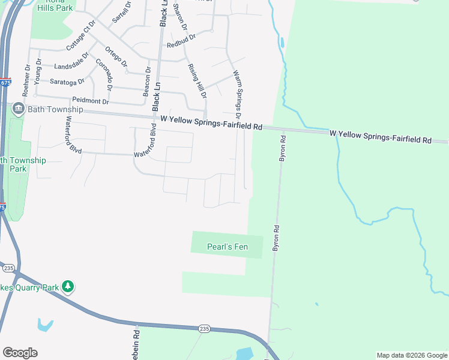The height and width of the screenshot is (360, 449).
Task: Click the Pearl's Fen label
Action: click(x=227, y=247)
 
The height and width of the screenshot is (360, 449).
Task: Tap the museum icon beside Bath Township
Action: click(x=18, y=109)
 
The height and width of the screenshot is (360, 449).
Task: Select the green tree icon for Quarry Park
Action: click(x=68, y=287)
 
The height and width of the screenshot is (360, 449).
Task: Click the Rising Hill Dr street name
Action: click(x=197, y=81)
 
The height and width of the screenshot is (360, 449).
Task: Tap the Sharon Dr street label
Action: click(x=179, y=18)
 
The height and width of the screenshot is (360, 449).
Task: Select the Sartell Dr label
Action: click(x=121, y=13)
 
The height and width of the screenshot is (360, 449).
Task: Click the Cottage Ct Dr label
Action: click(x=81, y=35)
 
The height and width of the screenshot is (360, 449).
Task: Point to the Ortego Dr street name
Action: click(x=116, y=56)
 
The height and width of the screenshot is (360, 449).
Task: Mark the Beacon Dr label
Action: click(x=146, y=81)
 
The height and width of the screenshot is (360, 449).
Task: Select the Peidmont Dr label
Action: click(x=90, y=101)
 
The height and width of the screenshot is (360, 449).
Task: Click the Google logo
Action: click(x=20, y=352)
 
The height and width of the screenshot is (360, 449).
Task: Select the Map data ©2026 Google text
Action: click(x=411, y=355)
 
